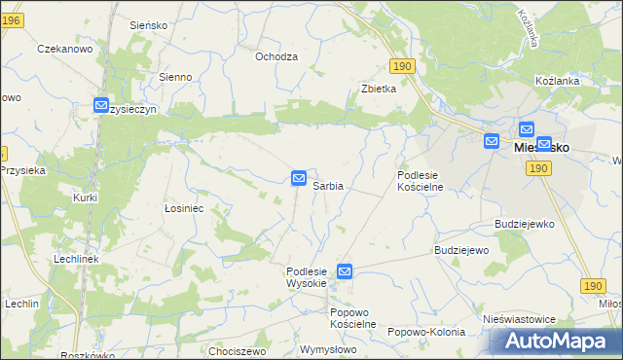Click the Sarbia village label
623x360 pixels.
(327, 185)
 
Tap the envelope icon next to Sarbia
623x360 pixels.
(299, 178)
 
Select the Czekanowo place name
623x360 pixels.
(63, 48)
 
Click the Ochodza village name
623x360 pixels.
(275, 56)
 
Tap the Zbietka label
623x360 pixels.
(379, 89)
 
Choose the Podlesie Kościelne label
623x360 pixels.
(421, 181)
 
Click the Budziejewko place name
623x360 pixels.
(524, 223)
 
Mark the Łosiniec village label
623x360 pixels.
(183, 207)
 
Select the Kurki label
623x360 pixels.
(86, 198)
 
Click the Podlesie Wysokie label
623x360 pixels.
(311, 276)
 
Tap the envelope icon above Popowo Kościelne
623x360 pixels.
(345, 271)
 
